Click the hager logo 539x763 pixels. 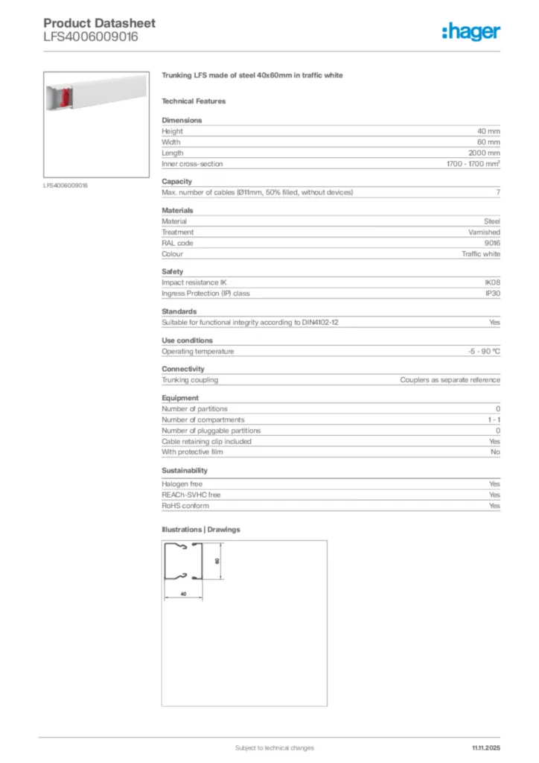coord(471,31)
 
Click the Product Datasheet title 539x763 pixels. coord(100,23)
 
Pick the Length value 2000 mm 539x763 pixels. coord(485,153)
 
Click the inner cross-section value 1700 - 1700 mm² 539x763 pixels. coord(468,164)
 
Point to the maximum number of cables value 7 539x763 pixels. coord(497,192)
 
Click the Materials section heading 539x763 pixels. coord(177,210)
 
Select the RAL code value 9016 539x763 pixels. coord(492,243)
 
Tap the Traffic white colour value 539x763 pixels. coord(481,254)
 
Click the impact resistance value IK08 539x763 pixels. coord(492,282)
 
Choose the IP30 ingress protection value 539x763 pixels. coord(492,294)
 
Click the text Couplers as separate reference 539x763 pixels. coord(450,380)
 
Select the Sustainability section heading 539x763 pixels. coord(185,470)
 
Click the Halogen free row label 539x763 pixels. coord(182,484)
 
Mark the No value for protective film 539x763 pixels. coord(495,452)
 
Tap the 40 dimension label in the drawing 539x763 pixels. coord(183,594)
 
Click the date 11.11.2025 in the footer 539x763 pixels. coord(486,747)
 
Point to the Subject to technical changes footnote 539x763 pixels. coord(274,747)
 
